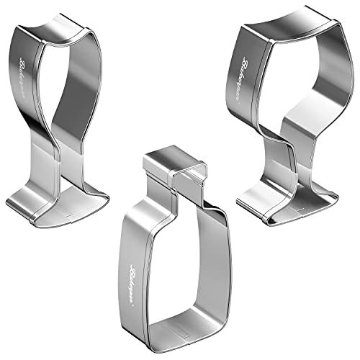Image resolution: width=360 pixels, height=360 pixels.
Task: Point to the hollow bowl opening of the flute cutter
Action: [x=72, y=79]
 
